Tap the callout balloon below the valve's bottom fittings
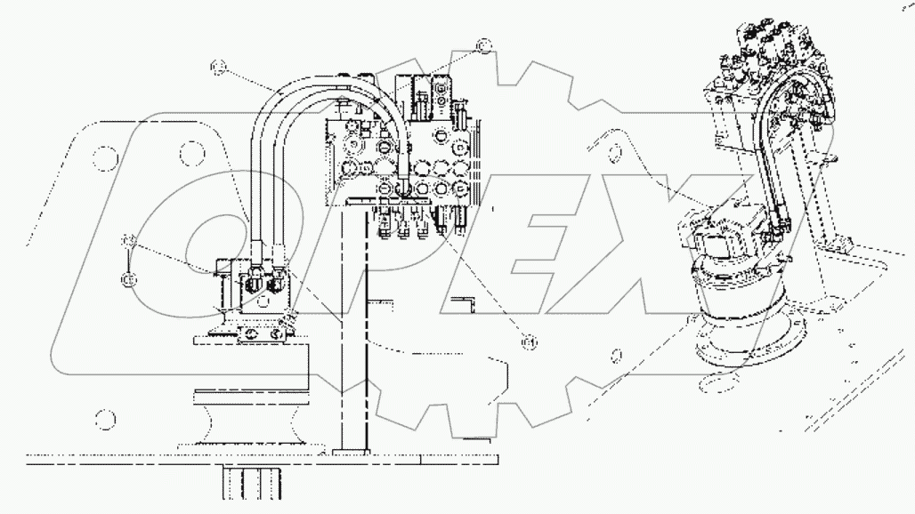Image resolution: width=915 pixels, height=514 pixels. click(530, 340)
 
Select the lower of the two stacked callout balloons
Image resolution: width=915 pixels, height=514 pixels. click(129, 278)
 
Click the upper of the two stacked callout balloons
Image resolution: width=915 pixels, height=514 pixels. click(129, 241)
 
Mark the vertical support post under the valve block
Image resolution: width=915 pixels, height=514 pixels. click(355, 338)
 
